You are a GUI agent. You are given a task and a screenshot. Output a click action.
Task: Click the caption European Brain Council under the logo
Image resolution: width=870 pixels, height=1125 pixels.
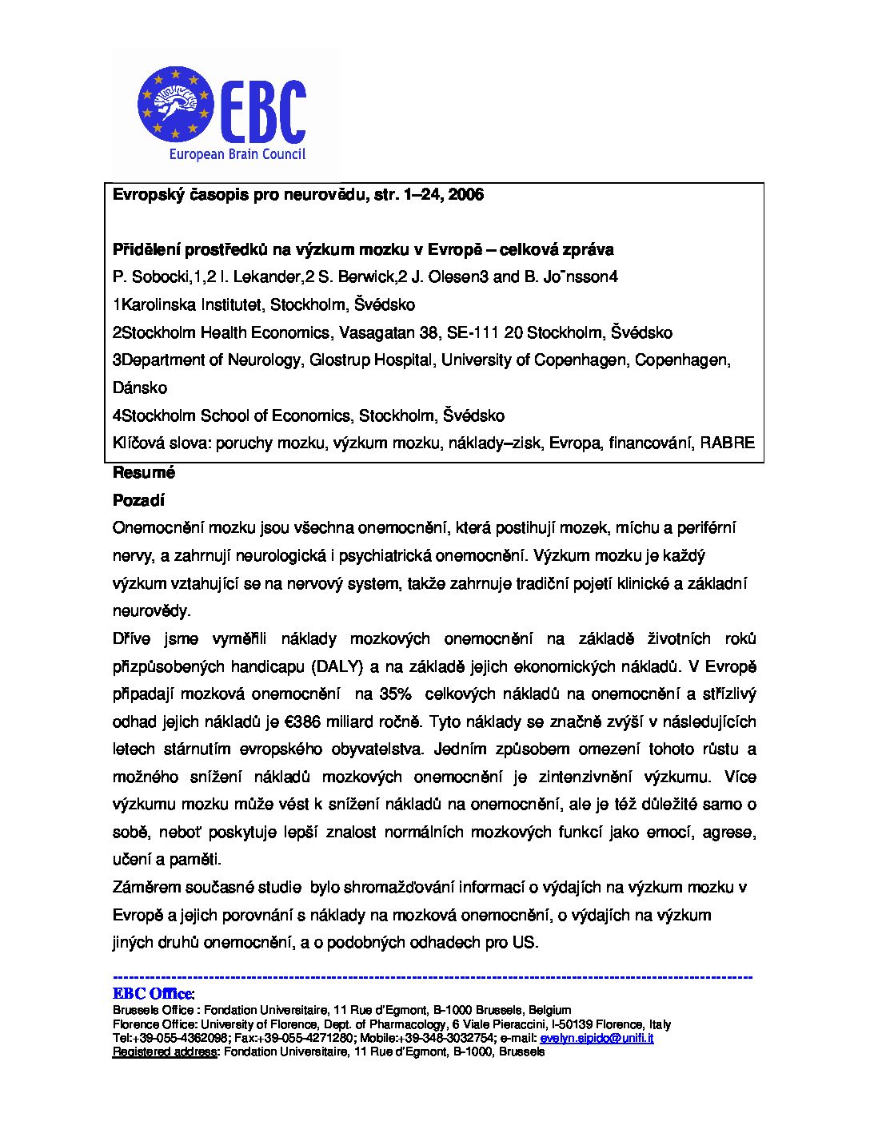click(237, 154)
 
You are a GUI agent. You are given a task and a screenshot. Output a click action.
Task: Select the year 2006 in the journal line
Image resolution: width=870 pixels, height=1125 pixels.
click(466, 194)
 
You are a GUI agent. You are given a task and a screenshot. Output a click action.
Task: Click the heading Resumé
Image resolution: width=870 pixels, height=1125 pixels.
click(144, 472)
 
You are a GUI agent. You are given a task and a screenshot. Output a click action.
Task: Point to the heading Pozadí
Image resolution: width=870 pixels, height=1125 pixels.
click(138, 500)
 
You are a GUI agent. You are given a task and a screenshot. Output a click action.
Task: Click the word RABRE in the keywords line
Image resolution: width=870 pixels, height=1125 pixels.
click(727, 443)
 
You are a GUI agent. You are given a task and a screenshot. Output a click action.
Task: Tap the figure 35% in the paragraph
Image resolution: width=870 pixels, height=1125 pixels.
click(396, 694)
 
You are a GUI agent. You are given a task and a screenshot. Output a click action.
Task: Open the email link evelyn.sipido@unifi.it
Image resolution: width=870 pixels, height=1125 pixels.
click(597, 1038)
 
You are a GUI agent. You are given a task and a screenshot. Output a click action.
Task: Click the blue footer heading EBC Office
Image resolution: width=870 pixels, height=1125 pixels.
click(153, 994)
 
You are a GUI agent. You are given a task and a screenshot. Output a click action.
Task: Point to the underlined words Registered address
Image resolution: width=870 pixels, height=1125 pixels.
click(165, 1051)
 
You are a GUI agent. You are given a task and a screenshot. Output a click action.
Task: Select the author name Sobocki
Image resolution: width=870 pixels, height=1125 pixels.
click(157, 276)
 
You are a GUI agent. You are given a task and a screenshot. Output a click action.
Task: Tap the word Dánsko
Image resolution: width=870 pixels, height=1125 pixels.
click(140, 388)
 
